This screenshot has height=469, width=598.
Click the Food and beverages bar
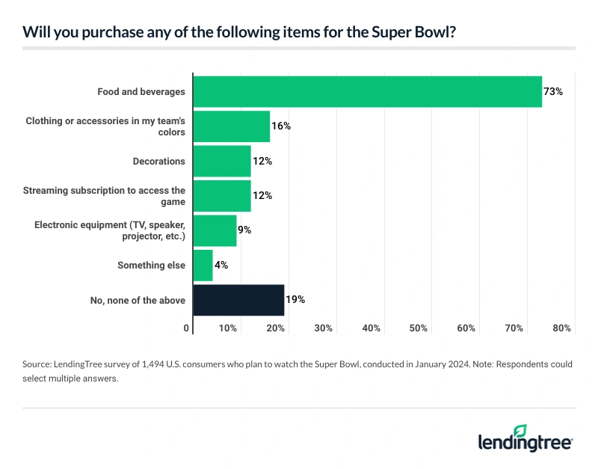(367, 91)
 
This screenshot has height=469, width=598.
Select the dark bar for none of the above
(238, 300)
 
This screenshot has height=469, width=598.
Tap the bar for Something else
(203, 265)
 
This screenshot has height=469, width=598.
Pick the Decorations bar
(222, 161)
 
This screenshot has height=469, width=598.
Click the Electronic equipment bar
(215, 230)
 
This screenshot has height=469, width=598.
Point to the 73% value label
(553, 91)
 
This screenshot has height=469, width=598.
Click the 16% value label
(281, 126)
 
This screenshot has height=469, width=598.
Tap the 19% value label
(295, 300)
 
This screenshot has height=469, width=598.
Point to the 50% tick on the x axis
(419, 328)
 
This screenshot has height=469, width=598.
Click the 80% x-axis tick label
(562, 328)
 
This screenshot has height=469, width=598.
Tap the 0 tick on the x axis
(187, 328)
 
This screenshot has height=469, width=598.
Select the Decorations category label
(159, 161)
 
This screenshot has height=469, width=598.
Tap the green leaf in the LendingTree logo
(520, 432)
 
